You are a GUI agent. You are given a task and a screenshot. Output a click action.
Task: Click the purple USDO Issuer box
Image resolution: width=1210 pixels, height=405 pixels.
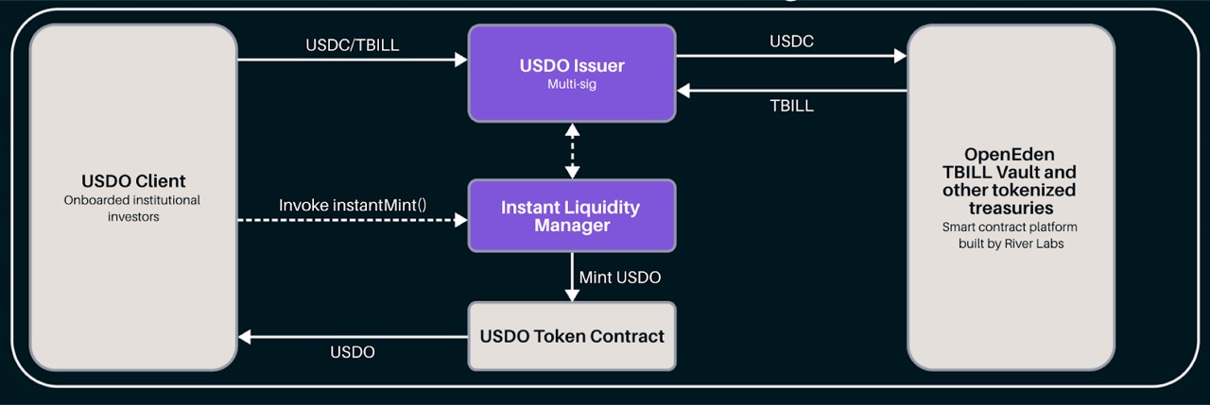pyautogui.click(x=572, y=74)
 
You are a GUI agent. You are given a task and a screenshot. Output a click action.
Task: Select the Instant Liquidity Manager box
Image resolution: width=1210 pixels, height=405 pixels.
pyautogui.click(x=572, y=216)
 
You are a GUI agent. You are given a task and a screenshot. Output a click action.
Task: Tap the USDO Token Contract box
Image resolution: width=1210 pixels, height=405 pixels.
pyautogui.click(x=572, y=336)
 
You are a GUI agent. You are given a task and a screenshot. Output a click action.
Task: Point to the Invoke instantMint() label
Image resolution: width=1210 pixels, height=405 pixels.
pyautogui.click(x=354, y=205)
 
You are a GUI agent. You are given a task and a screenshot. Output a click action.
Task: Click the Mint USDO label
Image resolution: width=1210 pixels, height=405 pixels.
pyautogui.click(x=620, y=278)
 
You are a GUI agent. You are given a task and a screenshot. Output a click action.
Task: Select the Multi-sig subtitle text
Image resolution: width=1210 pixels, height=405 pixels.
pyautogui.click(x=572, y=85)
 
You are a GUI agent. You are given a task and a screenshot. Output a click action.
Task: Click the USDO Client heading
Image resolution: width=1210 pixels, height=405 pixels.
pyautogui.click(x=132, y=180)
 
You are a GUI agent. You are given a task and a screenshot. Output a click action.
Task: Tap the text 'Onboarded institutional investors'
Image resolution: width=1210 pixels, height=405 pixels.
pyautogui.click(x=132, y=208)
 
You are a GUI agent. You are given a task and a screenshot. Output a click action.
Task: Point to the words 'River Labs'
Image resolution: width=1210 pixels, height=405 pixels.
pyautogui.click(x=1029, y=244)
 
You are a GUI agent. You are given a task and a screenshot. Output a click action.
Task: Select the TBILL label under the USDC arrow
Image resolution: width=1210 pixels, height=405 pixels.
pyautogui.click(x=792, y=106)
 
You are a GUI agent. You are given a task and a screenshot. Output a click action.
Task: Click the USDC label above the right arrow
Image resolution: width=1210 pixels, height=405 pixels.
pyautogui.click(x=792, y=42)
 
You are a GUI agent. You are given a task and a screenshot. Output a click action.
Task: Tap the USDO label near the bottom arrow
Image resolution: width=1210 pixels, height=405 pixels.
pyautogui.click(x=353, y=352)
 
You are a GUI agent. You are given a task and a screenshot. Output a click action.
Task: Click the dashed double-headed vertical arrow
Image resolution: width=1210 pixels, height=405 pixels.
pyautogui.click(x=572, y=150)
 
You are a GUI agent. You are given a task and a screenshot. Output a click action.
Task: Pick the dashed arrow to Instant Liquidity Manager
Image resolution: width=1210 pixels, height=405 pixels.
pyautogui.click(x=353, y=220)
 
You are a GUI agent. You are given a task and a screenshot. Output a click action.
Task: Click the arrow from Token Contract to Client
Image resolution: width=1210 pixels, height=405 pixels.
pyautogui.click(x=353, y=335)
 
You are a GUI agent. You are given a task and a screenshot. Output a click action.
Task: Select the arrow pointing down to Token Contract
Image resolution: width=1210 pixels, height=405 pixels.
pyautogui.click(x=572, y=278)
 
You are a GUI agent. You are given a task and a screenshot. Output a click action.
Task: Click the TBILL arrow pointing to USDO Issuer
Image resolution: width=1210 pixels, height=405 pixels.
pyautogui.click(x=792, y=91)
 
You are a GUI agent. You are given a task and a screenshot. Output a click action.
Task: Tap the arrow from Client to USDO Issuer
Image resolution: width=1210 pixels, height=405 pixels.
pyautogui.click(x=353, y=59)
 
